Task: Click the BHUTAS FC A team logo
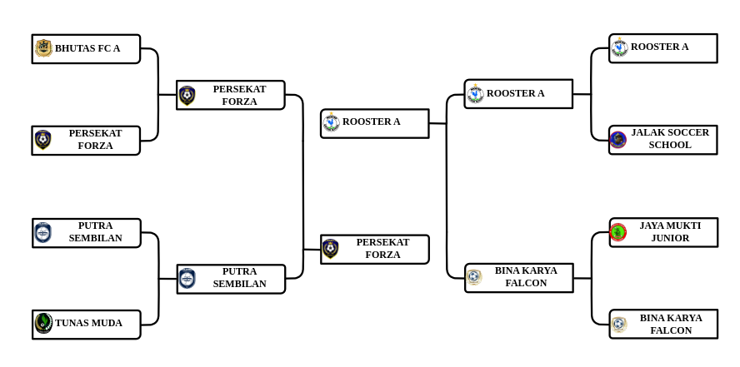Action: pos(43,48)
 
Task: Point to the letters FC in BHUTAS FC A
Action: pos(104,48)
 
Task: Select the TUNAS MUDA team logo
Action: pos(43,323)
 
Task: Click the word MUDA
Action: pos(107,323)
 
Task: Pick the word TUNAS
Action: pos(72,323)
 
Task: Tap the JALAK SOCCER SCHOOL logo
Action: pos(617,139)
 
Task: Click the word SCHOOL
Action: pos(670,145)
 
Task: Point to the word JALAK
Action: pos(647,132)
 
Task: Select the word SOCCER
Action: pos(687,132)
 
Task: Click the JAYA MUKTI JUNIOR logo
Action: pos(617,232)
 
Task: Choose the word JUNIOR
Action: pos(670,238)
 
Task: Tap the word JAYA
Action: pos(653,226)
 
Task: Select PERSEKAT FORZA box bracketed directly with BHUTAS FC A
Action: pos(86,140)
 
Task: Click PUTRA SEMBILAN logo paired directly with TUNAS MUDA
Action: pos(42,233)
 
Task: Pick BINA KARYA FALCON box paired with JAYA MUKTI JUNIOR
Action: pos(663,324)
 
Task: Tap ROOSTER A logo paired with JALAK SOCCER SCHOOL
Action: pos(619,47)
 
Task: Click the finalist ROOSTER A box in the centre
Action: pos(375,123)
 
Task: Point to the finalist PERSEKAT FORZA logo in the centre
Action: pos(331,249)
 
